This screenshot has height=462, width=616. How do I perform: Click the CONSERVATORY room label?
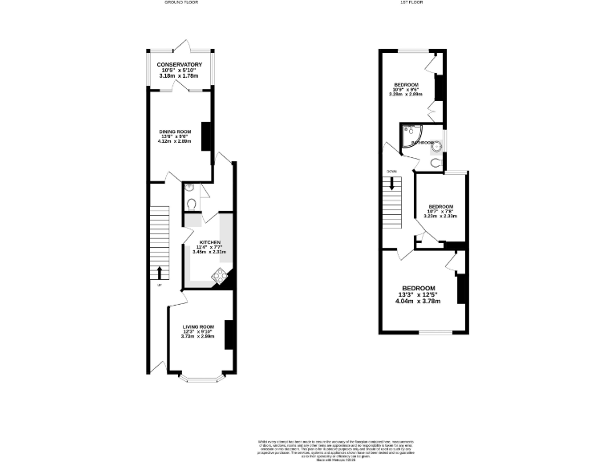179,64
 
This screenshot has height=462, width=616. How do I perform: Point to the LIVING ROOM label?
198,326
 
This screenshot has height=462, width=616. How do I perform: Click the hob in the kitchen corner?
219,277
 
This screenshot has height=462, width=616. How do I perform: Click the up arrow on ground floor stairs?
159,271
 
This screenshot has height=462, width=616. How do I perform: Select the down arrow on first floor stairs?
392,184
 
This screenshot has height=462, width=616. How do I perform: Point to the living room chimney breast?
229,334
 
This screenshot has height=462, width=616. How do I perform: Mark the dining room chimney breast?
205,136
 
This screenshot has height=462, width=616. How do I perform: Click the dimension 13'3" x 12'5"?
418,295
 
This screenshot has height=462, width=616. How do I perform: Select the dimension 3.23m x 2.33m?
440,216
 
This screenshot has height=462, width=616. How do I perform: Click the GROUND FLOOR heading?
182,3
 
